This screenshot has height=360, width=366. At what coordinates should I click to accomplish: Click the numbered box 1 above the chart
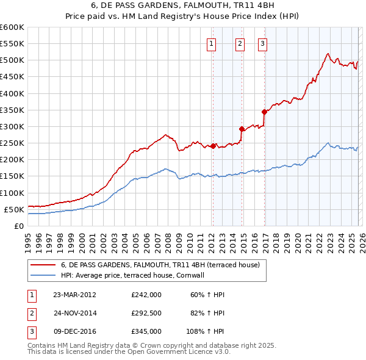(211, 43)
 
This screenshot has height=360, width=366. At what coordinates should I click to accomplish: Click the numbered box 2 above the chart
(240, 43)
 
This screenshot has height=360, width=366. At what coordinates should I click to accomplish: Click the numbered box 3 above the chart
(262, 43)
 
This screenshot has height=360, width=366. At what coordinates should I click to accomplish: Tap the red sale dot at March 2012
(213, 146)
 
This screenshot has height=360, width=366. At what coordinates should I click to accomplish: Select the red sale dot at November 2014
(242, 129)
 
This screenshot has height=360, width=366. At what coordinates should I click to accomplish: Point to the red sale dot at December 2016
(264, 112)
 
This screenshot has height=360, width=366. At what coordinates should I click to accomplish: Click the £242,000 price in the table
(146, 295)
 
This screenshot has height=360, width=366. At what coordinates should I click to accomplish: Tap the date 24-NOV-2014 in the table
(74, 313)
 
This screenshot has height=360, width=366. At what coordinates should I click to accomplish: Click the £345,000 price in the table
(146, 331)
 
